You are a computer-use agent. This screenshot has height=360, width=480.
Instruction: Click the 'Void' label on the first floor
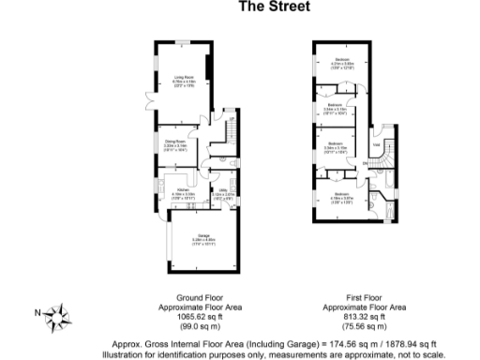coord(376,146)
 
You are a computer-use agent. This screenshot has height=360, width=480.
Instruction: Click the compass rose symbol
coord(57,313)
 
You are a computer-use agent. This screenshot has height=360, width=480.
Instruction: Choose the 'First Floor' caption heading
coord(364,299)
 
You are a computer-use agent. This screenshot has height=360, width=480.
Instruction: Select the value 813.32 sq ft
coord(364,317)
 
